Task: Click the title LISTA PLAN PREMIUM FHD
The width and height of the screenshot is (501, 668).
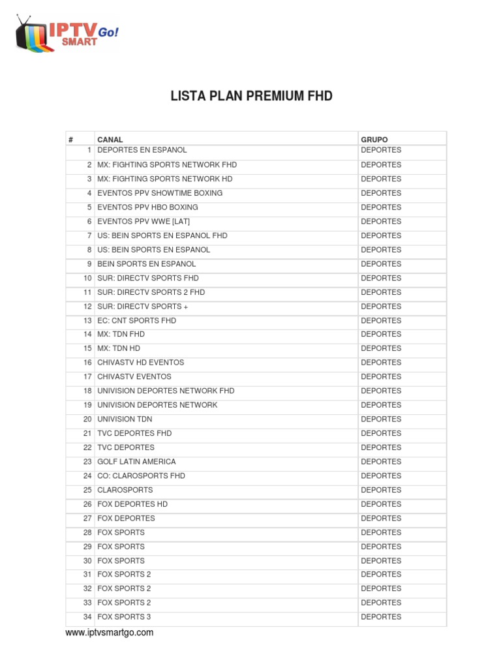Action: [x=251, y=97]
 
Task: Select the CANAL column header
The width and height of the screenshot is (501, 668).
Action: [x=110, y=140]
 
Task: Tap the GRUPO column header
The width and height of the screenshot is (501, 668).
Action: [x=374, y=140]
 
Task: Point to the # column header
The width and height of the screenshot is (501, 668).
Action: [x=70, y=140]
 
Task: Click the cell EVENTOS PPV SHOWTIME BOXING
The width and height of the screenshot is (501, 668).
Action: [x=160, y=193]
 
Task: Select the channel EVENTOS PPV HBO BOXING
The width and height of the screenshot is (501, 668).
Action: [x=147, y=207]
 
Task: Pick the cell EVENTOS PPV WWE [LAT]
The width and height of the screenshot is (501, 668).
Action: [x=144, y=222]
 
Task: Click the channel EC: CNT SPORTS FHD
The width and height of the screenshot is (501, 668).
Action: [x=136, y=321]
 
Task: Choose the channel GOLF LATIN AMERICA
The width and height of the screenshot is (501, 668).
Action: [x=136, y=462]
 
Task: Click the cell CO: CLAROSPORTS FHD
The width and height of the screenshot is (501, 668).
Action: [x=141, y=476]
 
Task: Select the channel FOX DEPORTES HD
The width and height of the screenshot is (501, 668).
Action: [x=132, y=504]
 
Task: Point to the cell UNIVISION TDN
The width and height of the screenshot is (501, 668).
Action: [x=125, y=419]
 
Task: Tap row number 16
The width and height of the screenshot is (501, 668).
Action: [x=87, y=363]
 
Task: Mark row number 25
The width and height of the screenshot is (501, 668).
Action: [x=87, y=490]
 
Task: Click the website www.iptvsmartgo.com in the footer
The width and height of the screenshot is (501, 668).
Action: [x=110, y=633]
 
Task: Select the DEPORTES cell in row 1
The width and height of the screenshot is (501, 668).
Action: [x=381, y=150]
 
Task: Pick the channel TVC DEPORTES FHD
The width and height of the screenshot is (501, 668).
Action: [x=134, y=433]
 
